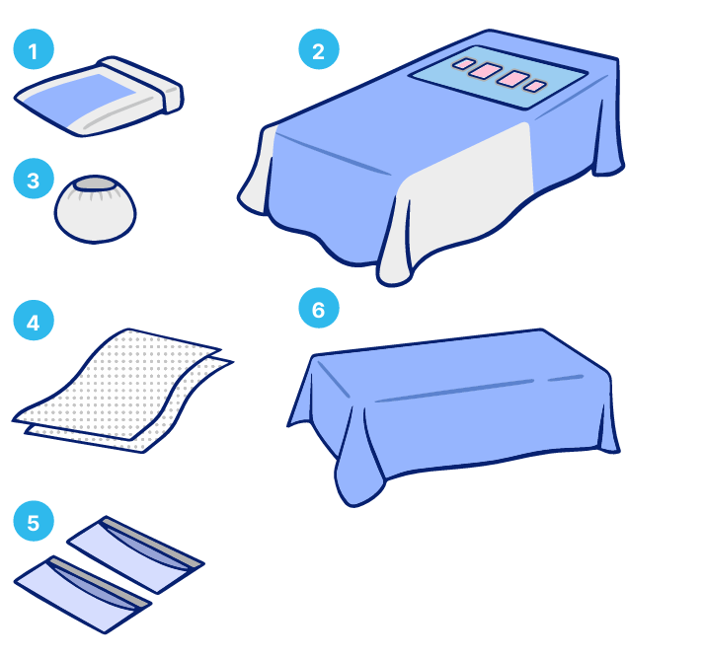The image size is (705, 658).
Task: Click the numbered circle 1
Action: (34, 49)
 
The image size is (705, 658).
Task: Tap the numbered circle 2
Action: (319, 49)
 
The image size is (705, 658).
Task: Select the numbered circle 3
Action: (34, 179)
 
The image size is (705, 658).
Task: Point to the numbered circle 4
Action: (34, 321)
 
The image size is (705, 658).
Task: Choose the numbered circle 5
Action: (34, 521)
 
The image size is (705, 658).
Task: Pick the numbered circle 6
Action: (319, 308)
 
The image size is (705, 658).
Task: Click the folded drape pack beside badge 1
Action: (99, 97)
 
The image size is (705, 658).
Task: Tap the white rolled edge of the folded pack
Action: (141, 83)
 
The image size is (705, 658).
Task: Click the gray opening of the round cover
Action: (95, 183)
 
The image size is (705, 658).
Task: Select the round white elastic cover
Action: (95, 209)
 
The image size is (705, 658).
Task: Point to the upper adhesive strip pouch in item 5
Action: (136, 553)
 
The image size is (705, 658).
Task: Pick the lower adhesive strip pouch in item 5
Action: (83, 594)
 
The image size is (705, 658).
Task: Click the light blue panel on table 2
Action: (499, 77)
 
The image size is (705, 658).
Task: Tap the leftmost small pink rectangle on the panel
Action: (463, 64)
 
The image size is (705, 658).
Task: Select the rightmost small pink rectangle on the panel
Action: (534, 86)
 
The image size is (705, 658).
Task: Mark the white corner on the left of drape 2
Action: (257, 171)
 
